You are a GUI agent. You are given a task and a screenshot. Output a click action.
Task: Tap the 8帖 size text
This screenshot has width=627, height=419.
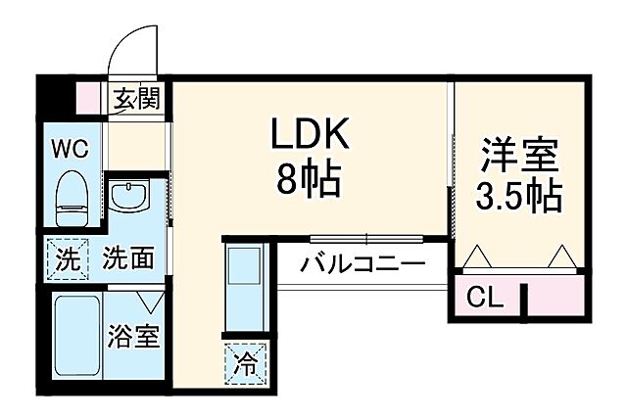pos(310,181)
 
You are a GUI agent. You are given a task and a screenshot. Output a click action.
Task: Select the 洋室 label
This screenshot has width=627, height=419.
pos(519,156)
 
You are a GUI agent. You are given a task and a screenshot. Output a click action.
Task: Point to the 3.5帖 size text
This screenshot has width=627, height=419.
pos(519,196)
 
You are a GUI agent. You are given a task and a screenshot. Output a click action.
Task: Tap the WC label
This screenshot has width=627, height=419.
pos(71,149)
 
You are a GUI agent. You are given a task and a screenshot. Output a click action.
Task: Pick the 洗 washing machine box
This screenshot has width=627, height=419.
pos(67,259)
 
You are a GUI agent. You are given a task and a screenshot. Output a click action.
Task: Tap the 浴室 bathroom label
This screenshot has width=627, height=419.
pos(132,338)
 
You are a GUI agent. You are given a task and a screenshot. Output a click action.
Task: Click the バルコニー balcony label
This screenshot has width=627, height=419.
pos(362,263)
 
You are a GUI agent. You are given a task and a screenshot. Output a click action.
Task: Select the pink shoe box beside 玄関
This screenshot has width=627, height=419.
pos(90,98)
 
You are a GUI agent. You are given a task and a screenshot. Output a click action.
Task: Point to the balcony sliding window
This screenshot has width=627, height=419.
pos(366,238)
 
